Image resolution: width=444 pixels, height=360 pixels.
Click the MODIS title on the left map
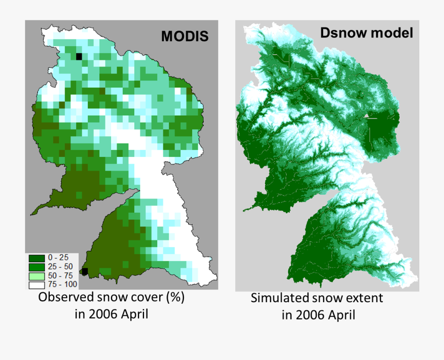184,36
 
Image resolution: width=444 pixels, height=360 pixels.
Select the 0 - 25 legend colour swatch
36,258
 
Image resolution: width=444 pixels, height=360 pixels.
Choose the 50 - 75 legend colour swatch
36,276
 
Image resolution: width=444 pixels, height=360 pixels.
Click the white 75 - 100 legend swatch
36,284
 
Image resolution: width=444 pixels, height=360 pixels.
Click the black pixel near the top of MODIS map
79,56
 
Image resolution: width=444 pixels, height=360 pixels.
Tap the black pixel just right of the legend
84,271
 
